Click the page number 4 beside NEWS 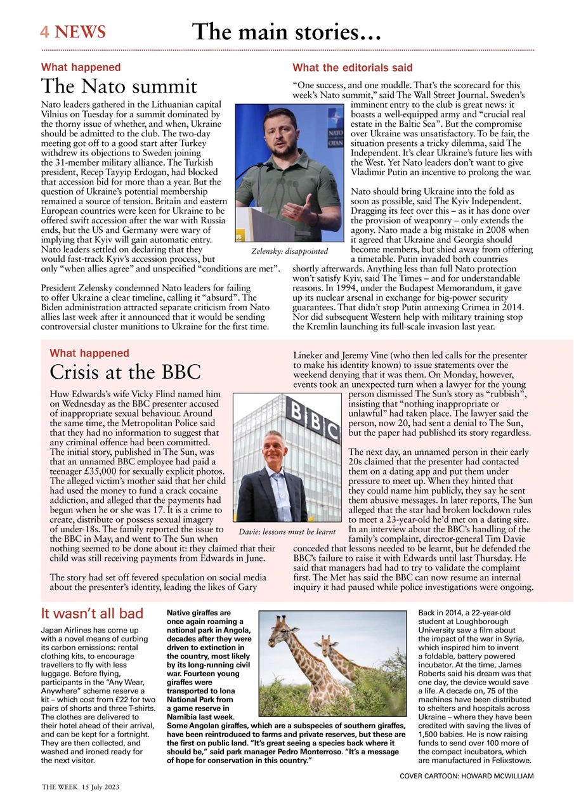(x=44, y=32)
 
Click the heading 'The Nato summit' (x=119, y=86)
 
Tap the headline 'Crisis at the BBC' (x=125, y=371)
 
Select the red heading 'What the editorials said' (x=352, y=67)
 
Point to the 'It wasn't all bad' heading (x=92, y=613)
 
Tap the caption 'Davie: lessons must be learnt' (x=287, y=531)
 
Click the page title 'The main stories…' (x=287, y=31)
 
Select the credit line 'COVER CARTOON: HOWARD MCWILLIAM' (x=467, y=776)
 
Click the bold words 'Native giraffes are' (x=199, y=613)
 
